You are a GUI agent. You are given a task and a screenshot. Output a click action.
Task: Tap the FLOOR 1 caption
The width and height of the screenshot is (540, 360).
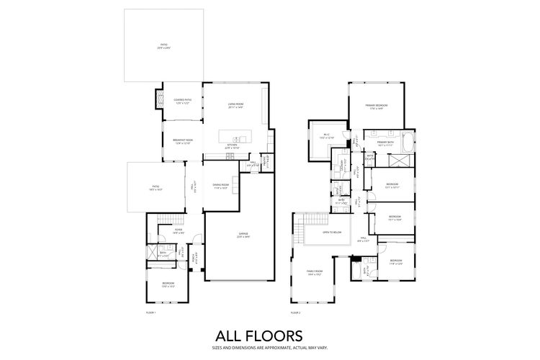(x=150, y=312)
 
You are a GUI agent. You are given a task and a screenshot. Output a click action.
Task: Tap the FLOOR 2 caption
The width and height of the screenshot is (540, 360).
(x=295, y=312)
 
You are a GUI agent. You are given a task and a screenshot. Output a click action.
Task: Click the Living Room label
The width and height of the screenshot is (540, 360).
(x=235, y=106)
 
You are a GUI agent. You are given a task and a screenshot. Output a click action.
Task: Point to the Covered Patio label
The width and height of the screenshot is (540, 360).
(x=182, y=102)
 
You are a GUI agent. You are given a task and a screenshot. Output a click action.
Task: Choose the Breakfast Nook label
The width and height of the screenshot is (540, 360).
(x=184, y=141)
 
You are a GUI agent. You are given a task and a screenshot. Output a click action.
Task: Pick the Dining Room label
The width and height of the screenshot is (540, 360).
(x=220, y=186)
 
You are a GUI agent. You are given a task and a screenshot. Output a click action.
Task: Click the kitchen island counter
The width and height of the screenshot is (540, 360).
(x=238, y=136)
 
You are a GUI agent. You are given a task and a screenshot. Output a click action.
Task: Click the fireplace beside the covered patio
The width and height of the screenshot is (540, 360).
(x=160, y=102)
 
